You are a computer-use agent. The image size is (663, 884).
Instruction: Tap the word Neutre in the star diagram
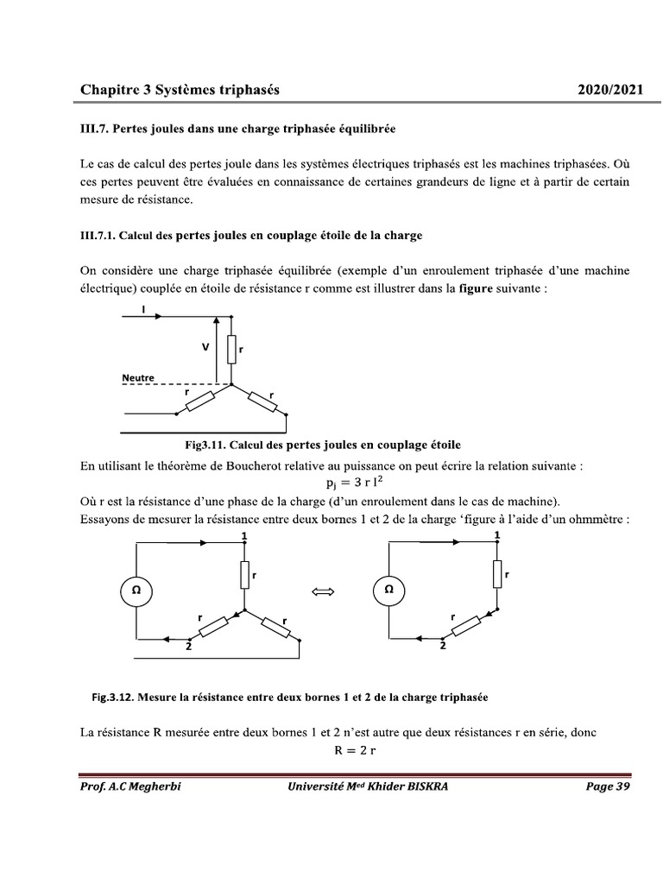(x=138, y=378)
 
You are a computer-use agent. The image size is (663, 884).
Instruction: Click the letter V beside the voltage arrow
(x=205, y=346)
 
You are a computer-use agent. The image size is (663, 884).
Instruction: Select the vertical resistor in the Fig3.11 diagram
(x=231, y=349)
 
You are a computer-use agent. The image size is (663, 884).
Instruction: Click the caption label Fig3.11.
(x=205, y=445)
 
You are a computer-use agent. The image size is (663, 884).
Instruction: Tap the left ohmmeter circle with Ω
(x=136, y=591)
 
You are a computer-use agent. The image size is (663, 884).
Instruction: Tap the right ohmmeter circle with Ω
(x=388, y=591)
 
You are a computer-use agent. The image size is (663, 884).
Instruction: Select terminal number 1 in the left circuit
(x=244, y=536)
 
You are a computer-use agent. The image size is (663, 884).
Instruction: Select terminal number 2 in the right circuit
(x=443, y=646)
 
